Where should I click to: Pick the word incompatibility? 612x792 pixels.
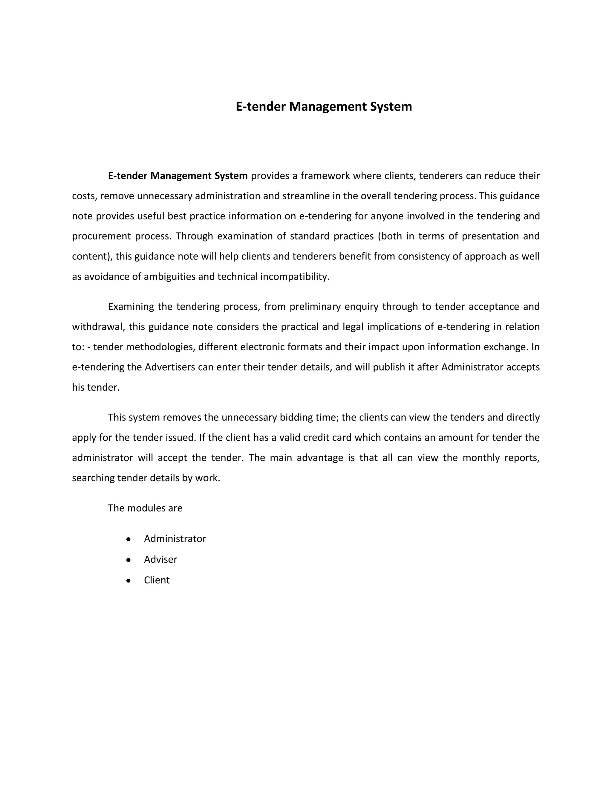coord(294,277)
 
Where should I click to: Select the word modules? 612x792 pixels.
coord(145,508)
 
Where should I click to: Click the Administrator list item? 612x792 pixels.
coord(175,539)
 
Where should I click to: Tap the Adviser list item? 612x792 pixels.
coord(160,559)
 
